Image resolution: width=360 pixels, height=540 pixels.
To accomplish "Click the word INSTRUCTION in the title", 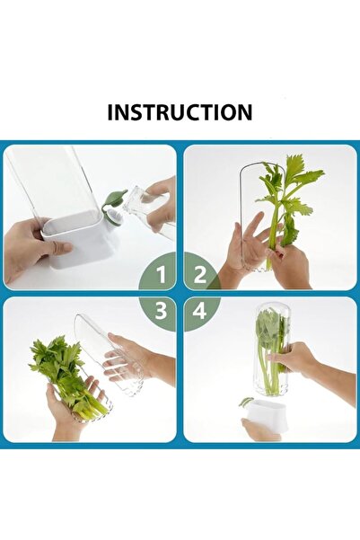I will pos(180,112).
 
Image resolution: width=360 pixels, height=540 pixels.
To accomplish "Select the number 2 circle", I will pos(199,272).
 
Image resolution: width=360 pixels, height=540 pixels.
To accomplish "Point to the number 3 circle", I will pos(162,311).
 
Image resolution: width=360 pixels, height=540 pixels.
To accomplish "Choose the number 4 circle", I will pos(199,311).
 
